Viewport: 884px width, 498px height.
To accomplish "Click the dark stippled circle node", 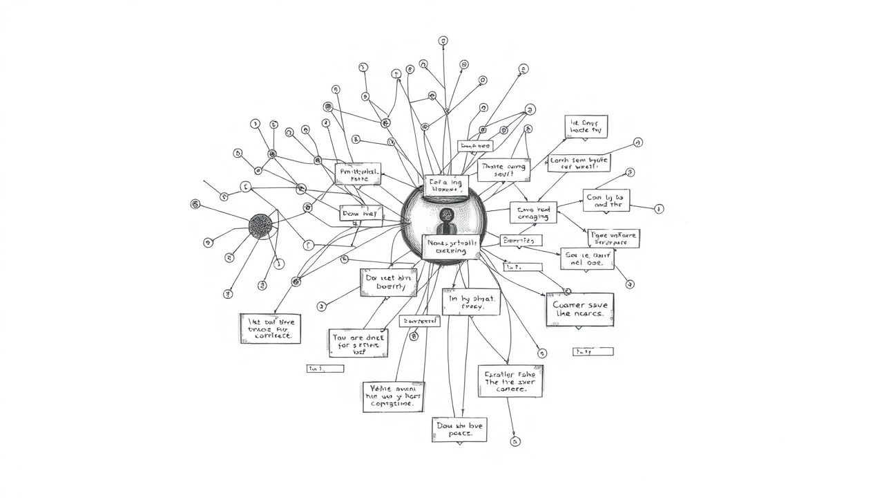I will click(260, 226).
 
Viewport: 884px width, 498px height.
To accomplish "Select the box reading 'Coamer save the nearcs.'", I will click(579, 309).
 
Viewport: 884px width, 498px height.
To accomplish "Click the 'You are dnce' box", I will click(358, 342).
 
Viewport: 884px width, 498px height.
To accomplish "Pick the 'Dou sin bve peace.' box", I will click(459, 430).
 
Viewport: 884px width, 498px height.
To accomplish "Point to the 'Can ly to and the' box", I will click(606, 200).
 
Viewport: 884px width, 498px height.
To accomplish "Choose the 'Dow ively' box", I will click(361, 214).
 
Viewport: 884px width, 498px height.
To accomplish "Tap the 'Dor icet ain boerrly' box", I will click(388, 283).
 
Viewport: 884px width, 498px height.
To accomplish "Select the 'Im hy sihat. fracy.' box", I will click(471, 302).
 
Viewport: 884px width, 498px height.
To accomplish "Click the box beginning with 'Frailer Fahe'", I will click(510, 381).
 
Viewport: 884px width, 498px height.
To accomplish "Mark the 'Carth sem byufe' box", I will click(579, 163).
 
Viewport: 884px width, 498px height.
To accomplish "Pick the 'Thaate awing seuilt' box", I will click(503, 169).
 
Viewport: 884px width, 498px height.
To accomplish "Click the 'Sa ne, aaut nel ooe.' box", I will click(587, 259).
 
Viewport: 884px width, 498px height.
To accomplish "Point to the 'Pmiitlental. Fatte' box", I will click(358, 174).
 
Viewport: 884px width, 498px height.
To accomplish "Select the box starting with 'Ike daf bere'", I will click(270, 329).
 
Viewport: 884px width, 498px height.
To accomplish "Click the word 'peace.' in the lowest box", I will click(460, 434).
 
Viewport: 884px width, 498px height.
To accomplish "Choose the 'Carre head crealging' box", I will click(533, 212).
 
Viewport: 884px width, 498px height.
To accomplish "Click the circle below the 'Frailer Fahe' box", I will click(515, 441).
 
